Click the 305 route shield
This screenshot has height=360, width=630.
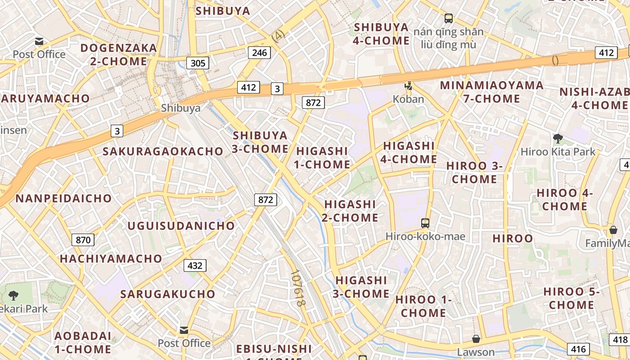[198, 63]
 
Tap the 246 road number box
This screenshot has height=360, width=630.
[260, 53]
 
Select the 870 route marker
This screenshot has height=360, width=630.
[83, 240]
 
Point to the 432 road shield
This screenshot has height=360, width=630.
[195, 265]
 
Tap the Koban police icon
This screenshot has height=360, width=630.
[409, 85]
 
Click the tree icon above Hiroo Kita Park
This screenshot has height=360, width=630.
[558, 138]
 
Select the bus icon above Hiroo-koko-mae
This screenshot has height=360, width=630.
[425, 223]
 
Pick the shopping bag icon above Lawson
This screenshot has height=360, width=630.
[476, 338]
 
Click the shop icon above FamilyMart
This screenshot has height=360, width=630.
[613, 230]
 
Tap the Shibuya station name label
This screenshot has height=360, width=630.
[180, 108]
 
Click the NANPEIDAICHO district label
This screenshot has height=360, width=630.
[63, 198]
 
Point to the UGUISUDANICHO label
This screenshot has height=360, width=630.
[181, 226]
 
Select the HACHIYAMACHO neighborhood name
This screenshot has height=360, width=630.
[111, 259]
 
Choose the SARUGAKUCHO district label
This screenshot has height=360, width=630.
[168, 294]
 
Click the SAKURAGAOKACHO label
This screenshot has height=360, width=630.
[163, 151]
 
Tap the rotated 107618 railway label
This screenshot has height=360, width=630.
[298, 288]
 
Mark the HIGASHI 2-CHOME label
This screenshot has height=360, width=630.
[350, 211]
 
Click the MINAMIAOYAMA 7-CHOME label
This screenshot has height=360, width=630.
[491, 92]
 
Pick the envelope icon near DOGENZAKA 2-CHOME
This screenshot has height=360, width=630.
[40, 41]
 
